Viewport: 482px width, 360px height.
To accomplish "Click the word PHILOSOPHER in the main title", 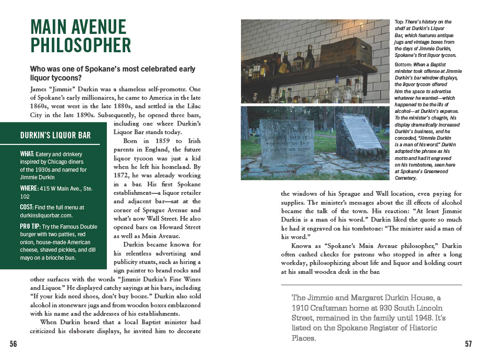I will [80, 45].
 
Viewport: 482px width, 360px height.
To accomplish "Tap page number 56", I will [13, 344].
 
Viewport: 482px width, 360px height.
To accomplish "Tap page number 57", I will [468, 344].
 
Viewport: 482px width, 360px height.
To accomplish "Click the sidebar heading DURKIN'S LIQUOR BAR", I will [56, 136].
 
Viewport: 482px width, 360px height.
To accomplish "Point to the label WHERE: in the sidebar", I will [30, 189].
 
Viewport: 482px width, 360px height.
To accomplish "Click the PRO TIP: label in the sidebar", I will [31, 227].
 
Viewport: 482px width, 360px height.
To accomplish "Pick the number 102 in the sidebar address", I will [25, 197].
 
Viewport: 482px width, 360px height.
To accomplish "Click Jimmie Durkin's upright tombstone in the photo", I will [286, 142].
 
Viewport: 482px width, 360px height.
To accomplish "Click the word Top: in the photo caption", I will [399, 22].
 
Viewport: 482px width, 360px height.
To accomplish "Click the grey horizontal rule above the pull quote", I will [371, 285].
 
